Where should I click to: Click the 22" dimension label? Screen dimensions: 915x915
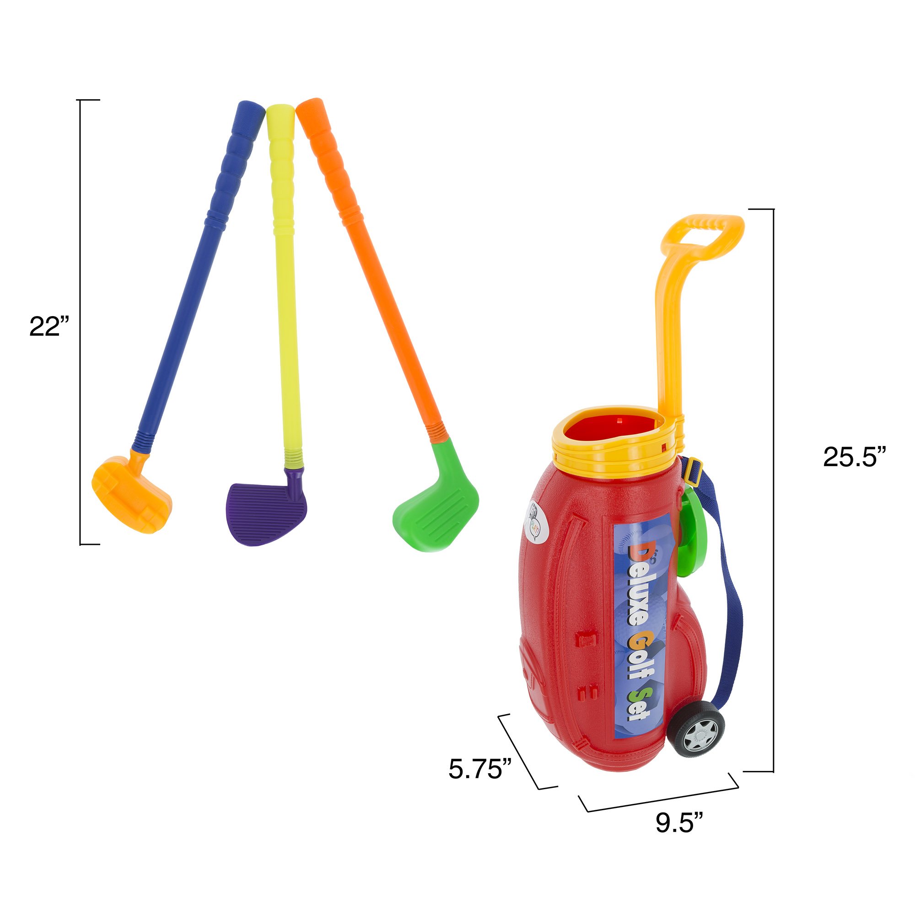[49, 326]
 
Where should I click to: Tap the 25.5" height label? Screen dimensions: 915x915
[853, 457]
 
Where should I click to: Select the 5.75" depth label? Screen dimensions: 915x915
[480, 769]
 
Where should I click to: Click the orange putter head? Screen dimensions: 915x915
[131, 496]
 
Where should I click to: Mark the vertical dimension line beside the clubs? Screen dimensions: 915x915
[81, 322]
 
